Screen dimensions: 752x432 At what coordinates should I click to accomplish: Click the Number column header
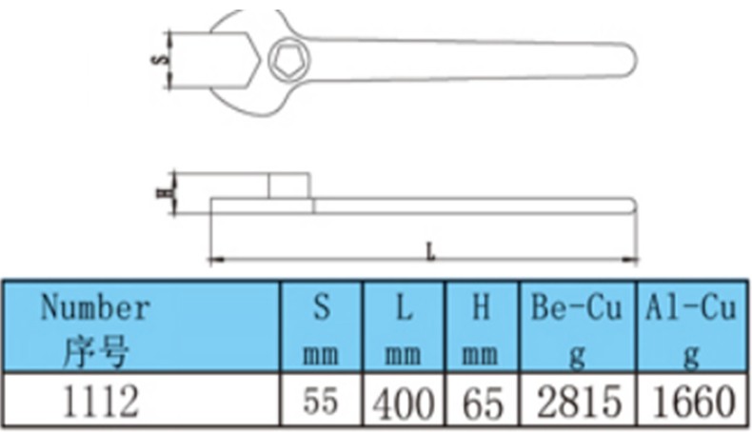pos(141,326)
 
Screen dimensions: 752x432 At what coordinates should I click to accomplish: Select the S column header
pos(322,326)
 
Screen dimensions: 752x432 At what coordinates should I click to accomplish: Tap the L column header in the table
pos(404,326)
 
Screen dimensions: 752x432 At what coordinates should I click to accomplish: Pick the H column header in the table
pos(482,326)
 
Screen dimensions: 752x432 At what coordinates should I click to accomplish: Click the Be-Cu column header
pos(578,326)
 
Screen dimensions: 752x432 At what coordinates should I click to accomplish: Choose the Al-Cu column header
pos(692,326)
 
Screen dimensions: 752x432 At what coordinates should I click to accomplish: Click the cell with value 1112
pos(141,400)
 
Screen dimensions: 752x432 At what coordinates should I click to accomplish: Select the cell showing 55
pos(322,400)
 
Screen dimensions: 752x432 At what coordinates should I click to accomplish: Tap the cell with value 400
pos(404,400)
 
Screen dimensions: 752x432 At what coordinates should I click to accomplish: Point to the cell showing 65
pos(482,400)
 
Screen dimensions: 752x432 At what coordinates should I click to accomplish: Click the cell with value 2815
pos(578,400)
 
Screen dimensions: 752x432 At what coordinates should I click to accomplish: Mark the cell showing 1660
pos(692,400)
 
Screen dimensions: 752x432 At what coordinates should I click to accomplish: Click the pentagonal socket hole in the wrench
pos(289,60)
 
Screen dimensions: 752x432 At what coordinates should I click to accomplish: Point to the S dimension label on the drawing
pos(161,59)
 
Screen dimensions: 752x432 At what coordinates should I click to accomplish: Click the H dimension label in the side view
pos(163,193)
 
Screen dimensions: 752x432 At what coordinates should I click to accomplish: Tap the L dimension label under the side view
pos(430,252)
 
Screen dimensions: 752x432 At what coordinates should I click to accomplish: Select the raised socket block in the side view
pos(288,186)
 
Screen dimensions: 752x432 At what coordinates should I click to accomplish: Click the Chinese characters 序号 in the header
pos(96,351)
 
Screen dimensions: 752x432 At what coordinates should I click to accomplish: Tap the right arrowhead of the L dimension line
pos(630,260)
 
